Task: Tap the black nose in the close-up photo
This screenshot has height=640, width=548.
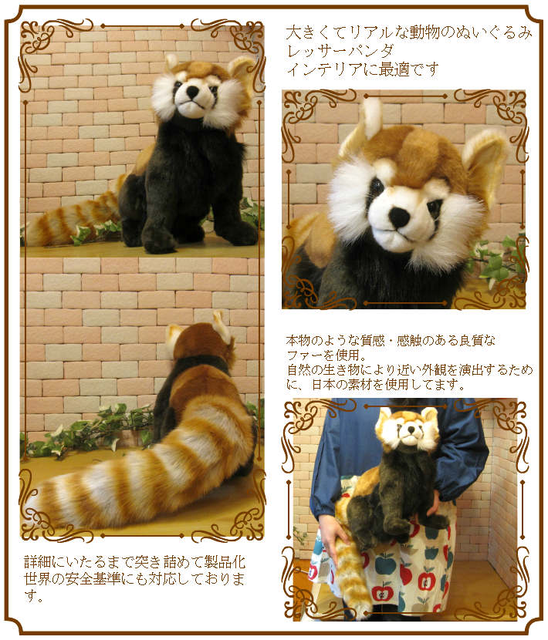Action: [399, 218]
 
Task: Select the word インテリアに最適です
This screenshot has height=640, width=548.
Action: [363, 69]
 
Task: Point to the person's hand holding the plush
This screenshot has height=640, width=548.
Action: [332, 532]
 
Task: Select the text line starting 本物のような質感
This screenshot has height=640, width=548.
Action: [391, 340]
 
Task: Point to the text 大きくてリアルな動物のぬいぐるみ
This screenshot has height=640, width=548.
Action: [408, 33]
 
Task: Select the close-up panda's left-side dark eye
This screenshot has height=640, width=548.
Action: [376, 187]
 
